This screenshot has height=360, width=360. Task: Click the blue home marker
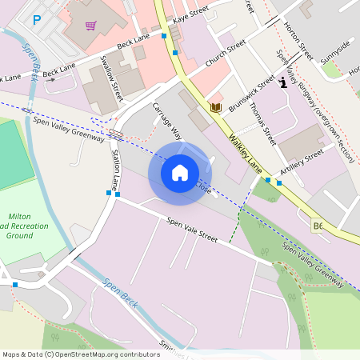(180, 172)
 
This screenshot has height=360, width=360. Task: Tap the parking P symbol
(36, 20)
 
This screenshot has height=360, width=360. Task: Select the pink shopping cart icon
(90, 26)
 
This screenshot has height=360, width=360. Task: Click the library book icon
(214, 106)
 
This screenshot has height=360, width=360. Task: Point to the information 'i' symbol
(283, 82)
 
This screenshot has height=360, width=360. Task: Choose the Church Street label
(226, 56)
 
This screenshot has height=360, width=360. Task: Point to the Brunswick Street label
(251, 93)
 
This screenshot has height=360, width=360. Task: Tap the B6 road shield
(318, 226)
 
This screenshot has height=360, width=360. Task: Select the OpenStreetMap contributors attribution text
(81, 354)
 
